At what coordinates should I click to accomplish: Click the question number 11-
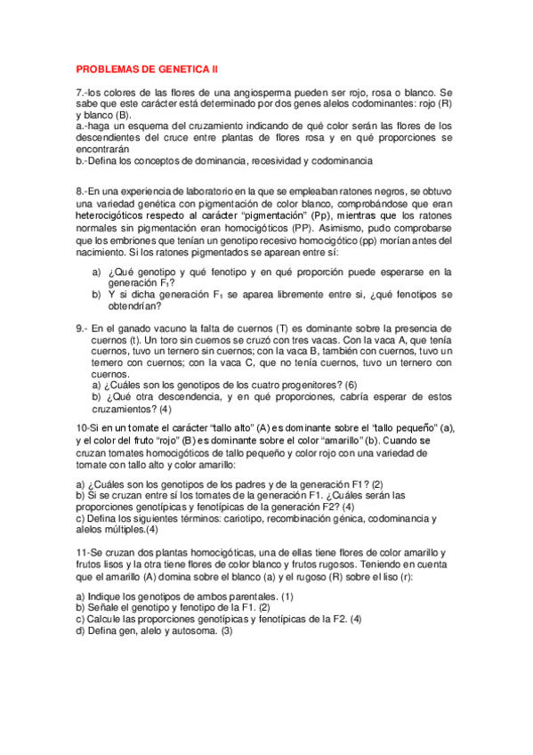(x=84, y=552)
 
